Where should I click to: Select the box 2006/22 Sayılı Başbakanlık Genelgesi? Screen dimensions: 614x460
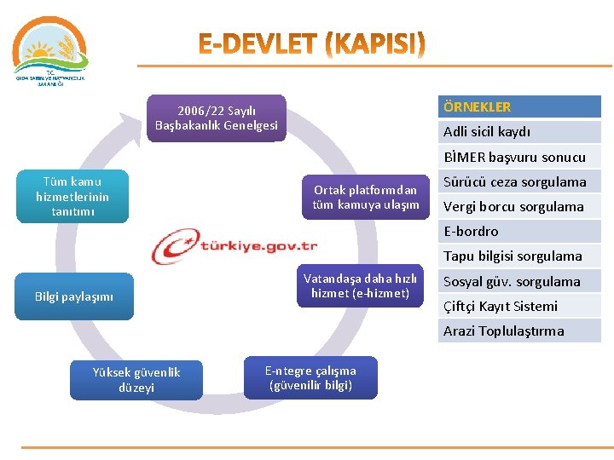[x=216, y=118]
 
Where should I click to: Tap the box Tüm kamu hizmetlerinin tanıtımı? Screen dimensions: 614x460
[x=72, y=196]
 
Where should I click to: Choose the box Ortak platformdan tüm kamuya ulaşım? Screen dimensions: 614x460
[x=365, y=198]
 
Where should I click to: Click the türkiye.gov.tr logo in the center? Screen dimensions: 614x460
[x=235, y=247]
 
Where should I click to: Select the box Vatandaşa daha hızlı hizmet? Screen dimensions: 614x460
[x=360, y=285]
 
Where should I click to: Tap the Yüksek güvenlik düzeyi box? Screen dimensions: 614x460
[x=136, y=379]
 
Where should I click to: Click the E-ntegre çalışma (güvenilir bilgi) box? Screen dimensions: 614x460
[x=310, y=377]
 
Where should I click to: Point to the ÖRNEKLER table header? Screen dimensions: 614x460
[x=519, y=107]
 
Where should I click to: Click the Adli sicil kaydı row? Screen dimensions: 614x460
[x=519, y=132]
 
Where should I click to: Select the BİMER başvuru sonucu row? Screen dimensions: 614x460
[x=519, y=157]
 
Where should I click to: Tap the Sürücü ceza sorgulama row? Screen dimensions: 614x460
[x=519, y=181]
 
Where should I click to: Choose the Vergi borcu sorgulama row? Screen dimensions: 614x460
[x=519, y=206]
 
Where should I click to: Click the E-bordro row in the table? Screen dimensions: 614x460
[x=519, y=231]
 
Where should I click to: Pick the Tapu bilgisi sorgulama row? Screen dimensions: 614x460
[x=519, y=256]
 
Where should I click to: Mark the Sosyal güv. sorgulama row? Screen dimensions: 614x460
[x=519, y=281]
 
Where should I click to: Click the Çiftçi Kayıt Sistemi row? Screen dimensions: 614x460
[x=519, y=306]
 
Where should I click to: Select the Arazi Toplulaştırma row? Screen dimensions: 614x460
[x=519, y=331]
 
